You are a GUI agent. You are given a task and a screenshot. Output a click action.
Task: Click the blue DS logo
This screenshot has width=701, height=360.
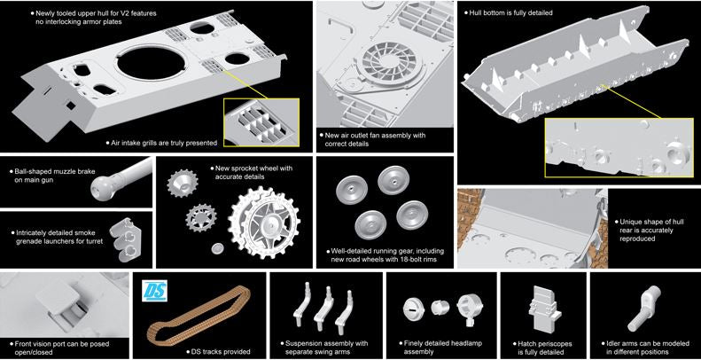pos(156,291)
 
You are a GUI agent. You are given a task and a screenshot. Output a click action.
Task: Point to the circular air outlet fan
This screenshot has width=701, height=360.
pos(382,65)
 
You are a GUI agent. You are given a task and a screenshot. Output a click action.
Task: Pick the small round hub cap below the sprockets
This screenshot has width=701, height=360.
pos(217,247)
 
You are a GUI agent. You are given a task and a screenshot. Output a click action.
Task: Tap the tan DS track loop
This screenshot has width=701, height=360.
pos(199,315)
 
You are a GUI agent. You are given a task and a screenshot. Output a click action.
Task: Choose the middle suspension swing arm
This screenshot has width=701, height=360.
pos(323,308)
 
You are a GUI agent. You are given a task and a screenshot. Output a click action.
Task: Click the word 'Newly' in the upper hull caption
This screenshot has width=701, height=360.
pos(45,13)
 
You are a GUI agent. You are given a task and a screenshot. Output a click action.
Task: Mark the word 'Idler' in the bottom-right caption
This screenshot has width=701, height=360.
pos(614,343)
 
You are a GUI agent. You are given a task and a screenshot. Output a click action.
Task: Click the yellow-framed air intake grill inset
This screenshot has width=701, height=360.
pos(261,122)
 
